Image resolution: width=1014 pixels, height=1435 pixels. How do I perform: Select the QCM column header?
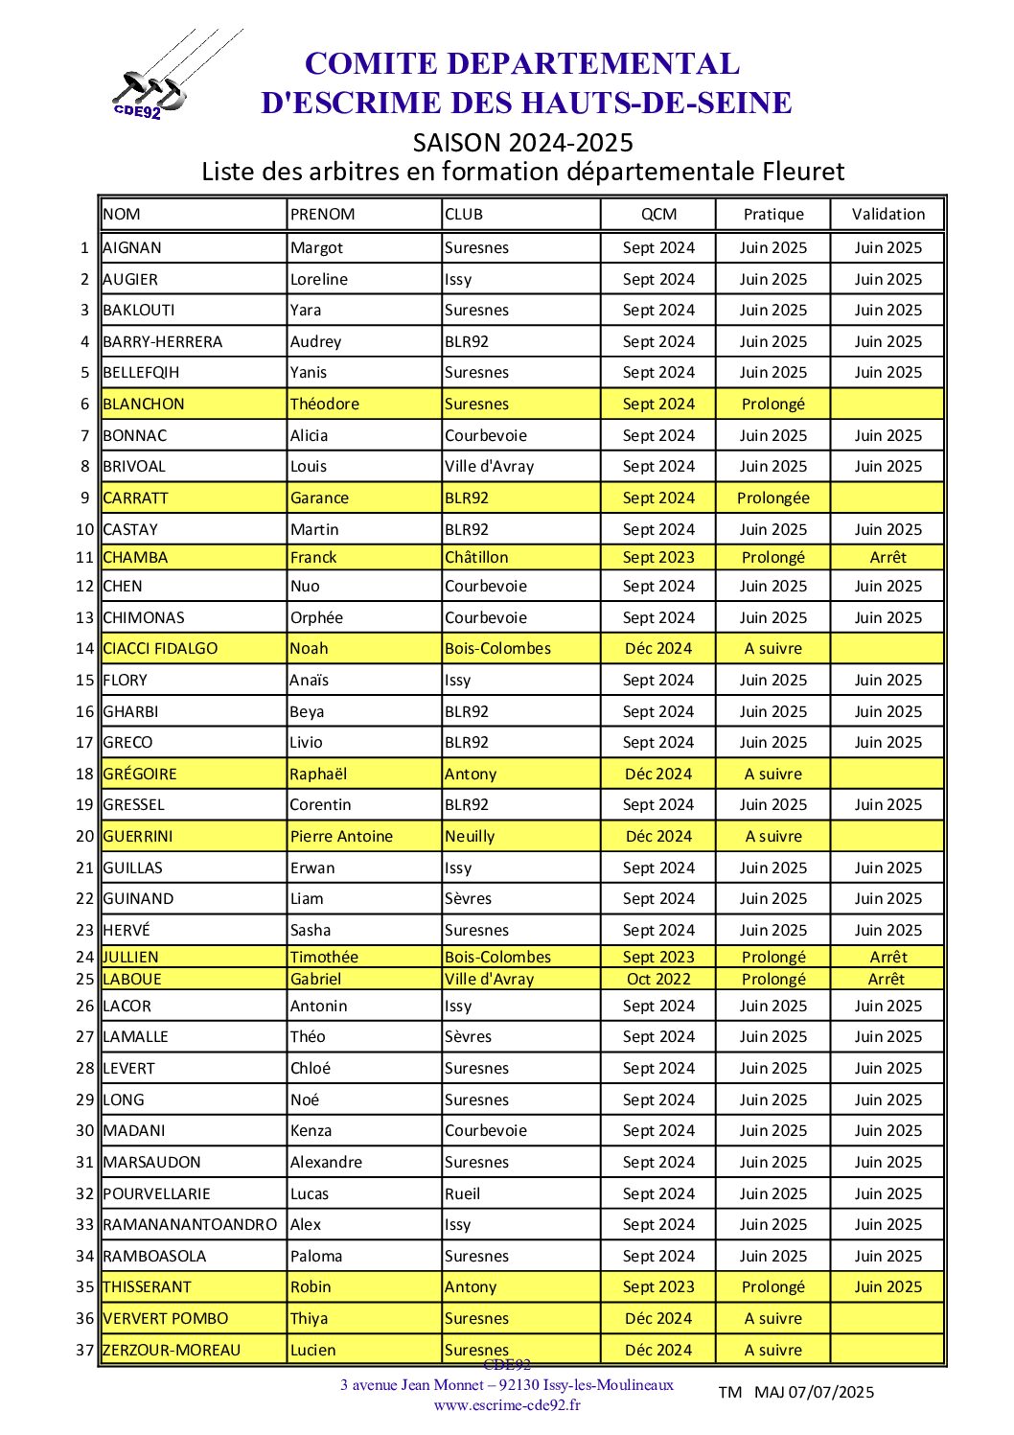tap(658, 215)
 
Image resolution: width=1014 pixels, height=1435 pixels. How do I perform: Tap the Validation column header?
tap(888, 215)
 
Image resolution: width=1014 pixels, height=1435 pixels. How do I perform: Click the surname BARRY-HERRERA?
tap(162, 342)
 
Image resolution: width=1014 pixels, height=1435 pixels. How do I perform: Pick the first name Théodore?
tap(325, 405)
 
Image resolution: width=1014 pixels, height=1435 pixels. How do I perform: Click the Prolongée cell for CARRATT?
tap(772, 498)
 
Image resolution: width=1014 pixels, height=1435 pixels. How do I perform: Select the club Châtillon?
tap(476, 558)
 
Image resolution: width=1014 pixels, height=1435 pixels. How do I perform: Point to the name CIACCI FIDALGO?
tap(160, 649)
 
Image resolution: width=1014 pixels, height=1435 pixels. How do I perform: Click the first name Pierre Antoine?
tap(341, 837)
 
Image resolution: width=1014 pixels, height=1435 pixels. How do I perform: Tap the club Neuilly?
tap(470, 837)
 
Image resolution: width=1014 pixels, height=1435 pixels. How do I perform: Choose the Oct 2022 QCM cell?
tap(658, 980)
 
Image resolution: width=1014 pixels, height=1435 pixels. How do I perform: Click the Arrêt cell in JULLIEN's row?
tap(888, 958)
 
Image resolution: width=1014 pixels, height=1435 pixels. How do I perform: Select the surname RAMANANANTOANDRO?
tap(190, 1225)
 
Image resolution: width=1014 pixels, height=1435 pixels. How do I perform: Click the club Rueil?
tap(463, 1194)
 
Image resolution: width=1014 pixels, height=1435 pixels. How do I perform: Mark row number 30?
tap(85, 1131)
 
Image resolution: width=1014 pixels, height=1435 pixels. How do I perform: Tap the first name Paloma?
tap(316, 1257)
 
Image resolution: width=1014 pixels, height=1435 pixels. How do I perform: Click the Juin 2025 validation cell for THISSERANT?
tap(888, 1287)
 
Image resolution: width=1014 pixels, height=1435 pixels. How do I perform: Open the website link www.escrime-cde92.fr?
tap(507, 1405)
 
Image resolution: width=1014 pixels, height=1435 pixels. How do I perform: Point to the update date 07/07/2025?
tap(831, 1393)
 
